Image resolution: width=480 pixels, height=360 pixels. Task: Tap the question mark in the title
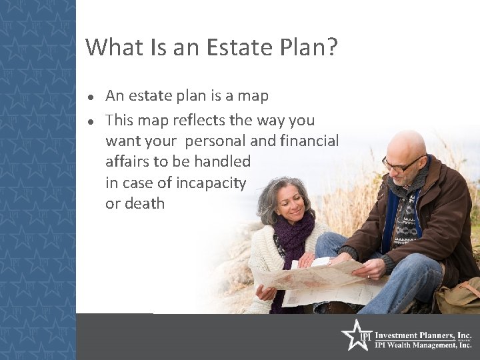click(331, 47)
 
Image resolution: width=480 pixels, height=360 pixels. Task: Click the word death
click(145, 203)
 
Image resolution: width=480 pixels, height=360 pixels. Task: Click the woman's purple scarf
click(293, 237)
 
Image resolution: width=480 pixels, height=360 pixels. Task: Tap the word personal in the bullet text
click(214, 141)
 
